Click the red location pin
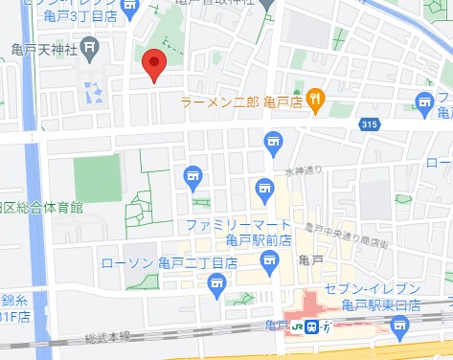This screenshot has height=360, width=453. [x=154, y=66]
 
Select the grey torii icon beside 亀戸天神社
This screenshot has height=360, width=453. [x=89, y=46]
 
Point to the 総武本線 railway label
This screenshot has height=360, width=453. [x=105, y=337]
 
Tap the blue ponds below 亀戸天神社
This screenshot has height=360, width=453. [x=94, y=93]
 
